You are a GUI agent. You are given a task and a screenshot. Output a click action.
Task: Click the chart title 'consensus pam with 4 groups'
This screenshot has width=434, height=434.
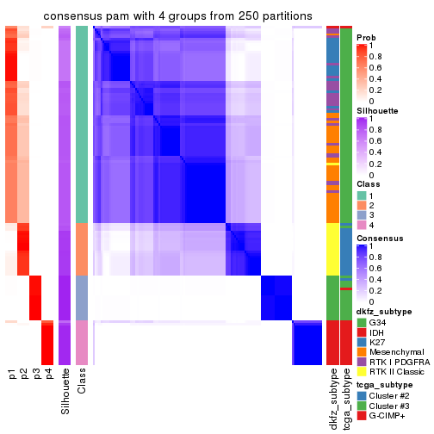tap(166, 16)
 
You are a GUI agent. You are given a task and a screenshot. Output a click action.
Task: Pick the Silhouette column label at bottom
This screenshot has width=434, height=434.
tap(65, 391)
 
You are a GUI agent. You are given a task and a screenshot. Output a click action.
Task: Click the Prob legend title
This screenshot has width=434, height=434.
tap(366, 38)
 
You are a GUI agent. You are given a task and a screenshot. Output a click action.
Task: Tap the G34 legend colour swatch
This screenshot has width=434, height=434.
tap(362, 322)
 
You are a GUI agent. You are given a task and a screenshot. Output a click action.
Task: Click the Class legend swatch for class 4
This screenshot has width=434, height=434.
tap(362, 226)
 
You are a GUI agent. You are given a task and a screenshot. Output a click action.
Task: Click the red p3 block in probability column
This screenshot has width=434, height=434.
tap(36, 297)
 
